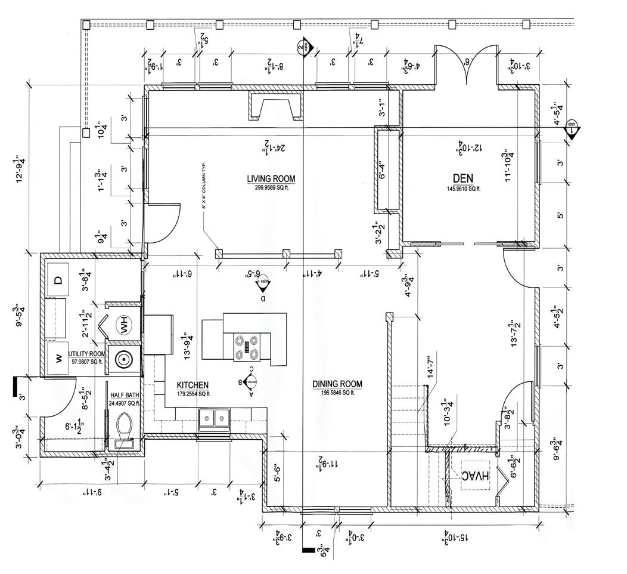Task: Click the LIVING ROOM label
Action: click(271, 178)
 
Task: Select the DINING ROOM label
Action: click(337, 384)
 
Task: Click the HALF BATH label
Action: click(124, 395)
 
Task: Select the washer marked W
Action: click(58, 358)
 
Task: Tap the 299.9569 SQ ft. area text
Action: click(271, 187)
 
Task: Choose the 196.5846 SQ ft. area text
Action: click(337, 392)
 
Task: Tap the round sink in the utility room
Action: click(124, 360)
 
